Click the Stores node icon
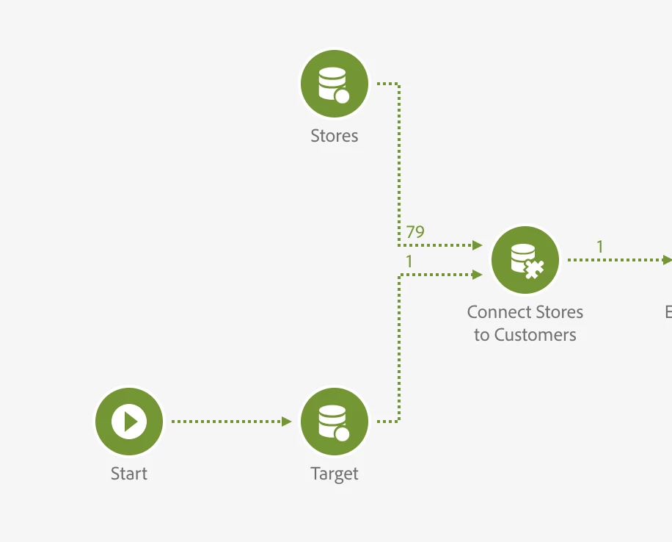334,84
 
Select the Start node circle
129,422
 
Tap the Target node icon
334,422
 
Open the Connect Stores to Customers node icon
525,260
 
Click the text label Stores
335,136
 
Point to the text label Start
129,474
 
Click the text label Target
335,474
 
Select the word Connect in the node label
498,312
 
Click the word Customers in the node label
535,335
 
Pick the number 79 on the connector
415,232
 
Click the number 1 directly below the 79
409,261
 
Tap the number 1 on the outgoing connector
599,247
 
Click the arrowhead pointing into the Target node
287,422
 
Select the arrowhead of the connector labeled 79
478,245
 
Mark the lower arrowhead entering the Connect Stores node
478,275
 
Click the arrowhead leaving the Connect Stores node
667,260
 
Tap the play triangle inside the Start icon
131,422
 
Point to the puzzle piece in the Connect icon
534,270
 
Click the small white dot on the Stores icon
342,95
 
